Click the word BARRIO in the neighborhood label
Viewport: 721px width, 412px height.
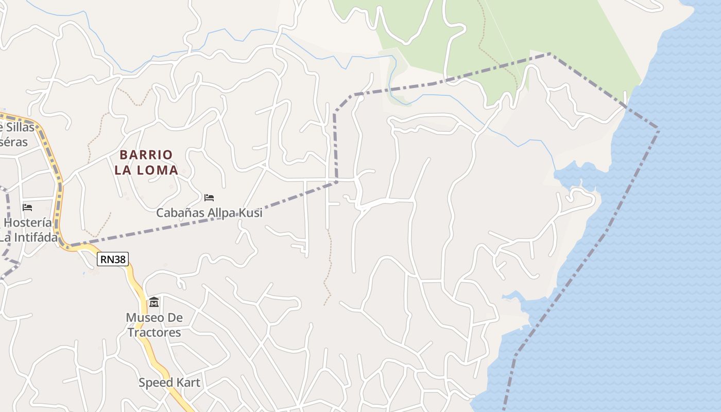pos(146,154)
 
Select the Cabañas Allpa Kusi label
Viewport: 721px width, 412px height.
pos(209,213)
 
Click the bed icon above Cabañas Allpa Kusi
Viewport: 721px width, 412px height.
pos(209,197)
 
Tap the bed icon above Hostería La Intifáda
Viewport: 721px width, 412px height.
pos(27,207)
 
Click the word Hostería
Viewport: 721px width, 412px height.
pos(28,223)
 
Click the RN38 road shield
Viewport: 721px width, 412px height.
pos(113,260)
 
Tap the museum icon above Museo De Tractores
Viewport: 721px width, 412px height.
pos(153,302)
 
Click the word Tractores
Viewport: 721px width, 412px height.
pos(154,333)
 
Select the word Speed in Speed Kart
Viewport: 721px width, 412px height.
pos(154,383)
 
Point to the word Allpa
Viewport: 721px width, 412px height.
pos(217,213)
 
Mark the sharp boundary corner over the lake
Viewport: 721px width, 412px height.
pos(658,128)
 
